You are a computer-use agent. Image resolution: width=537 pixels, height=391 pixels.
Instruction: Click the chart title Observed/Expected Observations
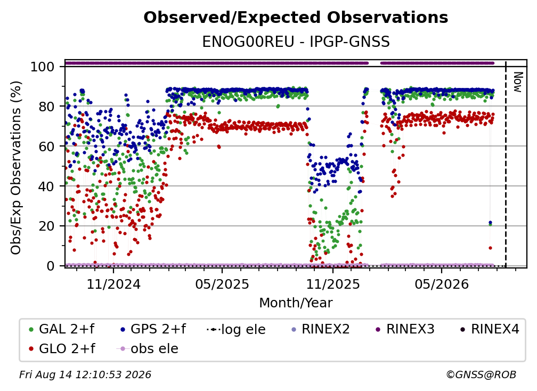pos(296,18)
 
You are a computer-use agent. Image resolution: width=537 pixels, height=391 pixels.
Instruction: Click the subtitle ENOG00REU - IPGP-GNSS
pos(296,42)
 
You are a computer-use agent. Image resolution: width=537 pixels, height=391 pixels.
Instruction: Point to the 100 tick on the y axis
pos(42,67)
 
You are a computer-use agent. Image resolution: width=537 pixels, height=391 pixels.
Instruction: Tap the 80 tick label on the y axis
pos(46,107)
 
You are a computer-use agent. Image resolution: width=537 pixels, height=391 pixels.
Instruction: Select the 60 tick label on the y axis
pos(46,146)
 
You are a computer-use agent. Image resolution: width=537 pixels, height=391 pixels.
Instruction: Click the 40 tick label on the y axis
pos(46,186)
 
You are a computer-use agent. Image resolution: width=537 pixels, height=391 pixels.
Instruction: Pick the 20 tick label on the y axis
pos(46,226)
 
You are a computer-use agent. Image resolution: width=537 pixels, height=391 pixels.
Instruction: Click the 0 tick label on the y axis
pos(50,266)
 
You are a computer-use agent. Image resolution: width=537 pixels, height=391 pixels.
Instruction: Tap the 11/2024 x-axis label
pos(113,284)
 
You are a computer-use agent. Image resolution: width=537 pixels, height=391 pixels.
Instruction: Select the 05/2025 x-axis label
pos(222,284)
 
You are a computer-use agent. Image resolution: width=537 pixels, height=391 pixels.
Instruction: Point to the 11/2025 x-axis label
pos(333,284)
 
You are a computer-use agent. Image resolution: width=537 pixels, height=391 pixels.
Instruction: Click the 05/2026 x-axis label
pos(442,284)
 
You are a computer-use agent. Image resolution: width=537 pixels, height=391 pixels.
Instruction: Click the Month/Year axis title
pos(296,303)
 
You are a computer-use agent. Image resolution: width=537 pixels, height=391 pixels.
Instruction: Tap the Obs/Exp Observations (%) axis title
pos(16,167)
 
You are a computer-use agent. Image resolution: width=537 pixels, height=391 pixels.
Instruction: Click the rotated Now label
pos(517,82)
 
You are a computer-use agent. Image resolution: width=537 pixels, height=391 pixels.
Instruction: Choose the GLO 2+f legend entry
pos(62,348)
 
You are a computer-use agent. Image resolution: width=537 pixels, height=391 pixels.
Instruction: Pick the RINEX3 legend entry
pos(405,329)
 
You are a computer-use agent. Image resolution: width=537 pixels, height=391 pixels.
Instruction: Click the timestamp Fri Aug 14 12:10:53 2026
pos(85,375)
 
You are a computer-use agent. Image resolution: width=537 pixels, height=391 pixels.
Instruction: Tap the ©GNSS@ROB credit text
pos(481,375)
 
